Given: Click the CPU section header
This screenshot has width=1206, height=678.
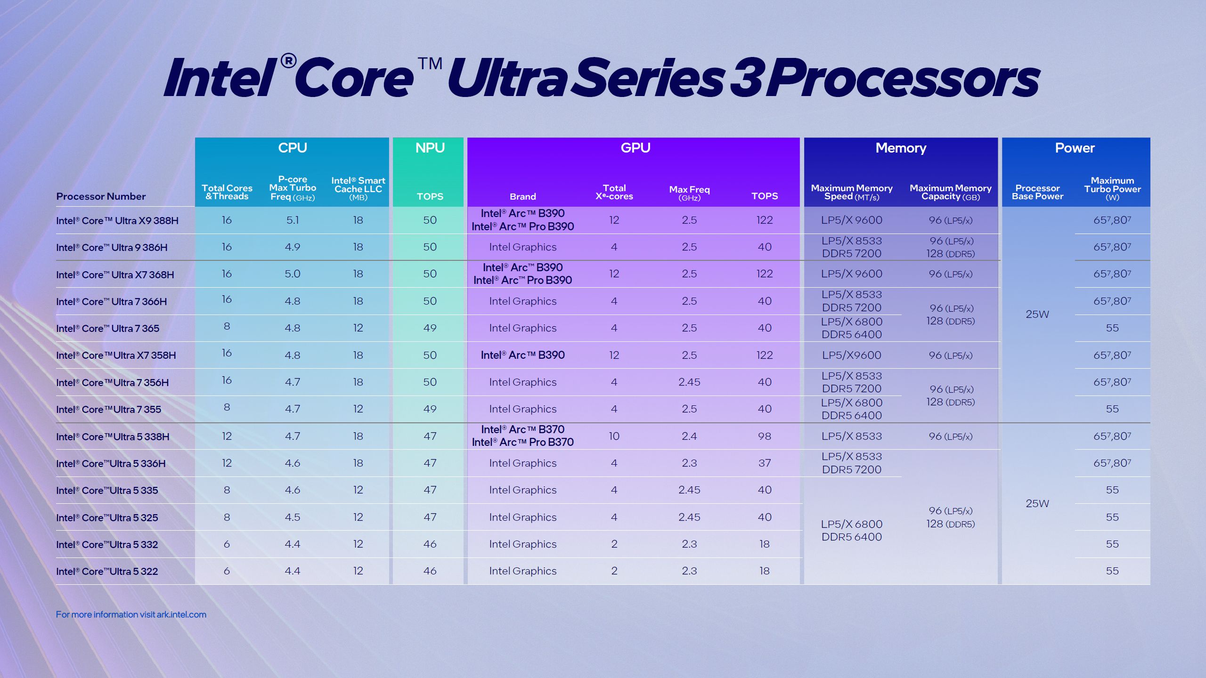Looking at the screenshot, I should pos(292,148).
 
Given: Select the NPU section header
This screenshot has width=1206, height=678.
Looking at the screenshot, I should pos(429,148).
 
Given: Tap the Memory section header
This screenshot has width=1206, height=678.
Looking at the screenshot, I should pos(900,148).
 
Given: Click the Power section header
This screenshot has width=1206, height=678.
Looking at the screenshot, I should pos(1075,148).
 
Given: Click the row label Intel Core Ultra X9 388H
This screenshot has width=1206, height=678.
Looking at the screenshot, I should pos(117,220).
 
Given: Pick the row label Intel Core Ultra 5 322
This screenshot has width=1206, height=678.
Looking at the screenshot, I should pos(106,571).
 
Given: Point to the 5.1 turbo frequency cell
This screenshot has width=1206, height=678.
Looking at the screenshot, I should pos(292,220).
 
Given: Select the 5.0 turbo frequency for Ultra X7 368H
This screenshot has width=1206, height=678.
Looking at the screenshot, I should pos(292,274).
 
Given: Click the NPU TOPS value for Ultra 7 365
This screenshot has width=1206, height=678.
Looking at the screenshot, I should pos(429,328).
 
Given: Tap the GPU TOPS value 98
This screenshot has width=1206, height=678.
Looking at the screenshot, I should pos(764,436).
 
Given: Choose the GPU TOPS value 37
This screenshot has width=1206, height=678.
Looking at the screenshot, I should pos(764,463).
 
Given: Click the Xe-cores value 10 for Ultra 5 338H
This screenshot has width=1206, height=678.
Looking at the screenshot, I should pos(614,436).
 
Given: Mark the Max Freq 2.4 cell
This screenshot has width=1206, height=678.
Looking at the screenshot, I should pos(689,436).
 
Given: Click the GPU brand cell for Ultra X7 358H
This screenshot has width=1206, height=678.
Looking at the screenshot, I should pos(522,355).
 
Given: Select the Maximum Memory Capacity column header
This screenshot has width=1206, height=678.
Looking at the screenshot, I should pos(950,192).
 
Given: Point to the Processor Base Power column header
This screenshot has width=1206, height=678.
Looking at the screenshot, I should pos(1037,192).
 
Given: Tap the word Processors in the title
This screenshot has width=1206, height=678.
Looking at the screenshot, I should pos(902,78).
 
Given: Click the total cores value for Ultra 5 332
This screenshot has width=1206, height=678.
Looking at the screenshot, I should pos(227,544).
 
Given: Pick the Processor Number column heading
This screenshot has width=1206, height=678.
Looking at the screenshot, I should pos(101,196).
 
